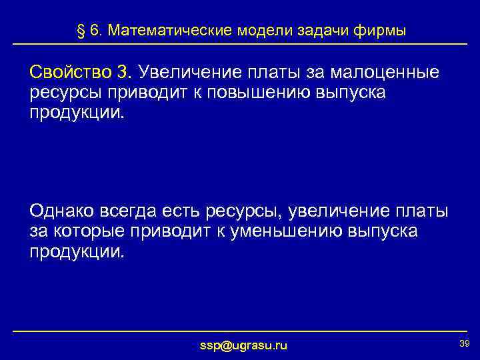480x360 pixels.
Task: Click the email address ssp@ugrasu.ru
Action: (244, 345)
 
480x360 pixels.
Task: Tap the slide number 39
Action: (465, 342)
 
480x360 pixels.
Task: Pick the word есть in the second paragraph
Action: (177, 211)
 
